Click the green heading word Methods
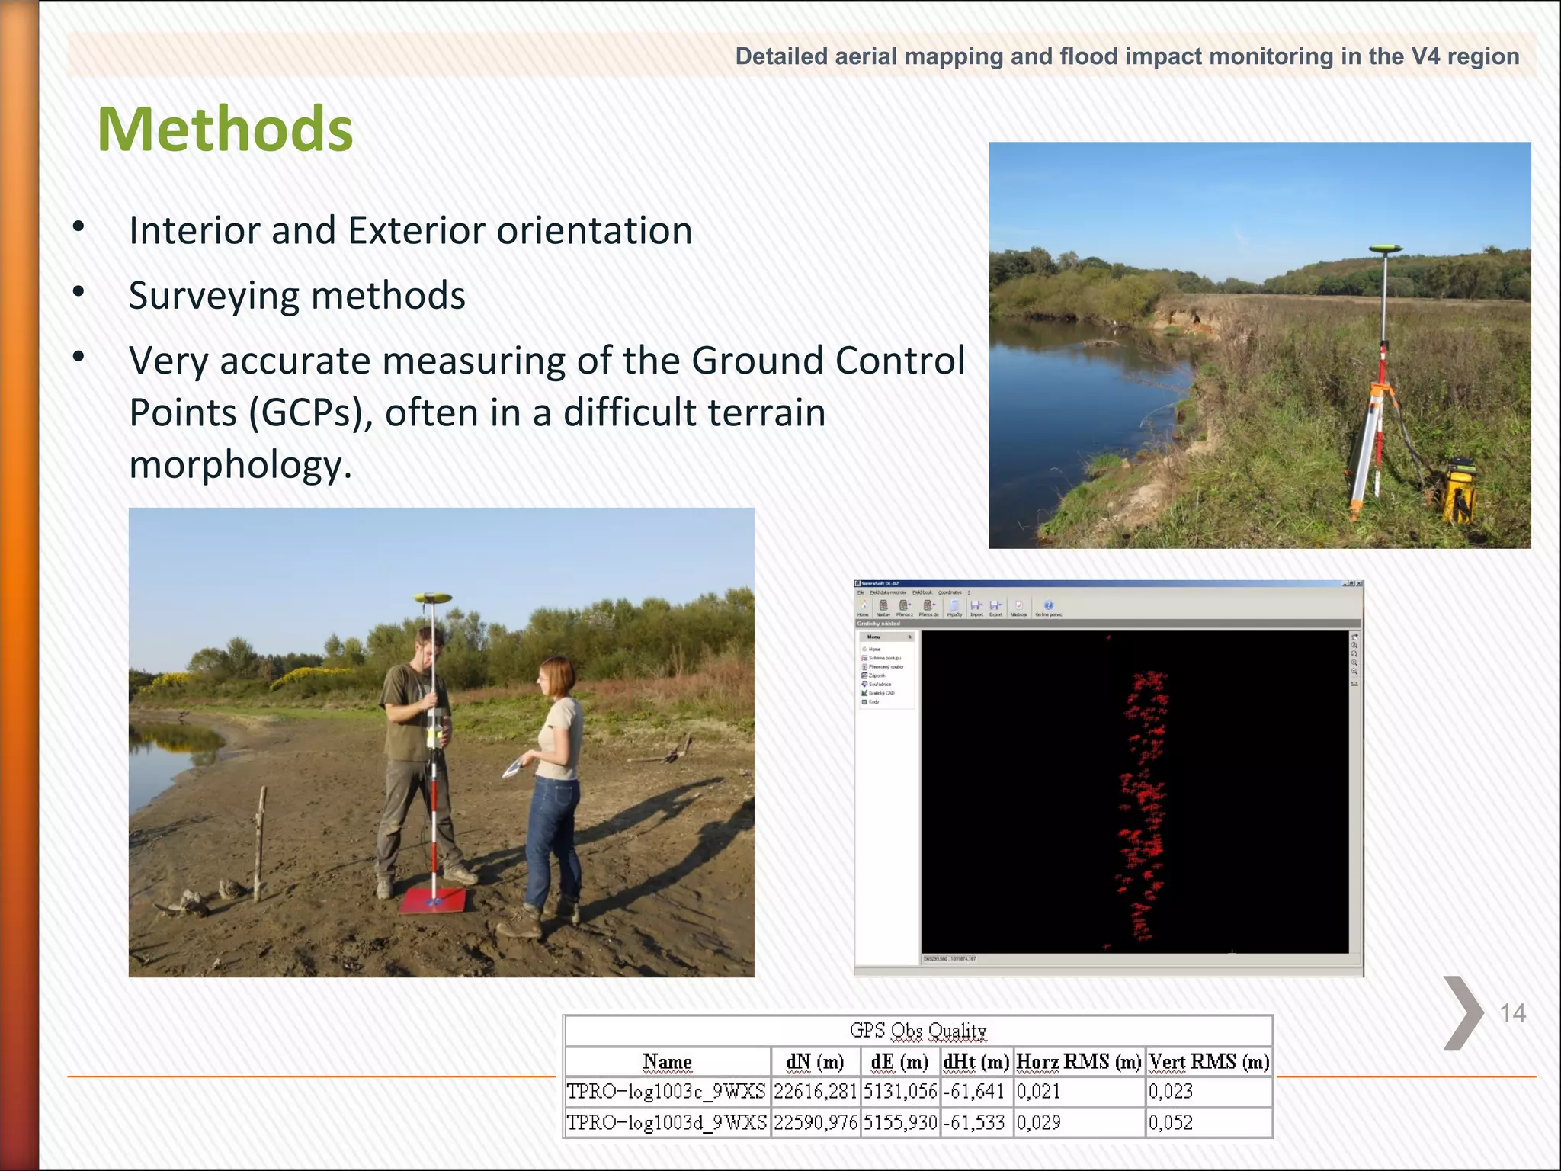tap(225, 130)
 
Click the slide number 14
tap(1512, 1013)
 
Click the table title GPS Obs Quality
tap(918, 1031)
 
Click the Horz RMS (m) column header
tap(1079, 1062)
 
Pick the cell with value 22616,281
tap(816, 1092)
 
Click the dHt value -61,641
tap(974, 1092)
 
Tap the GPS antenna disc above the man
tap(432, 598)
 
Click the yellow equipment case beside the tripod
tap(1457, 492)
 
